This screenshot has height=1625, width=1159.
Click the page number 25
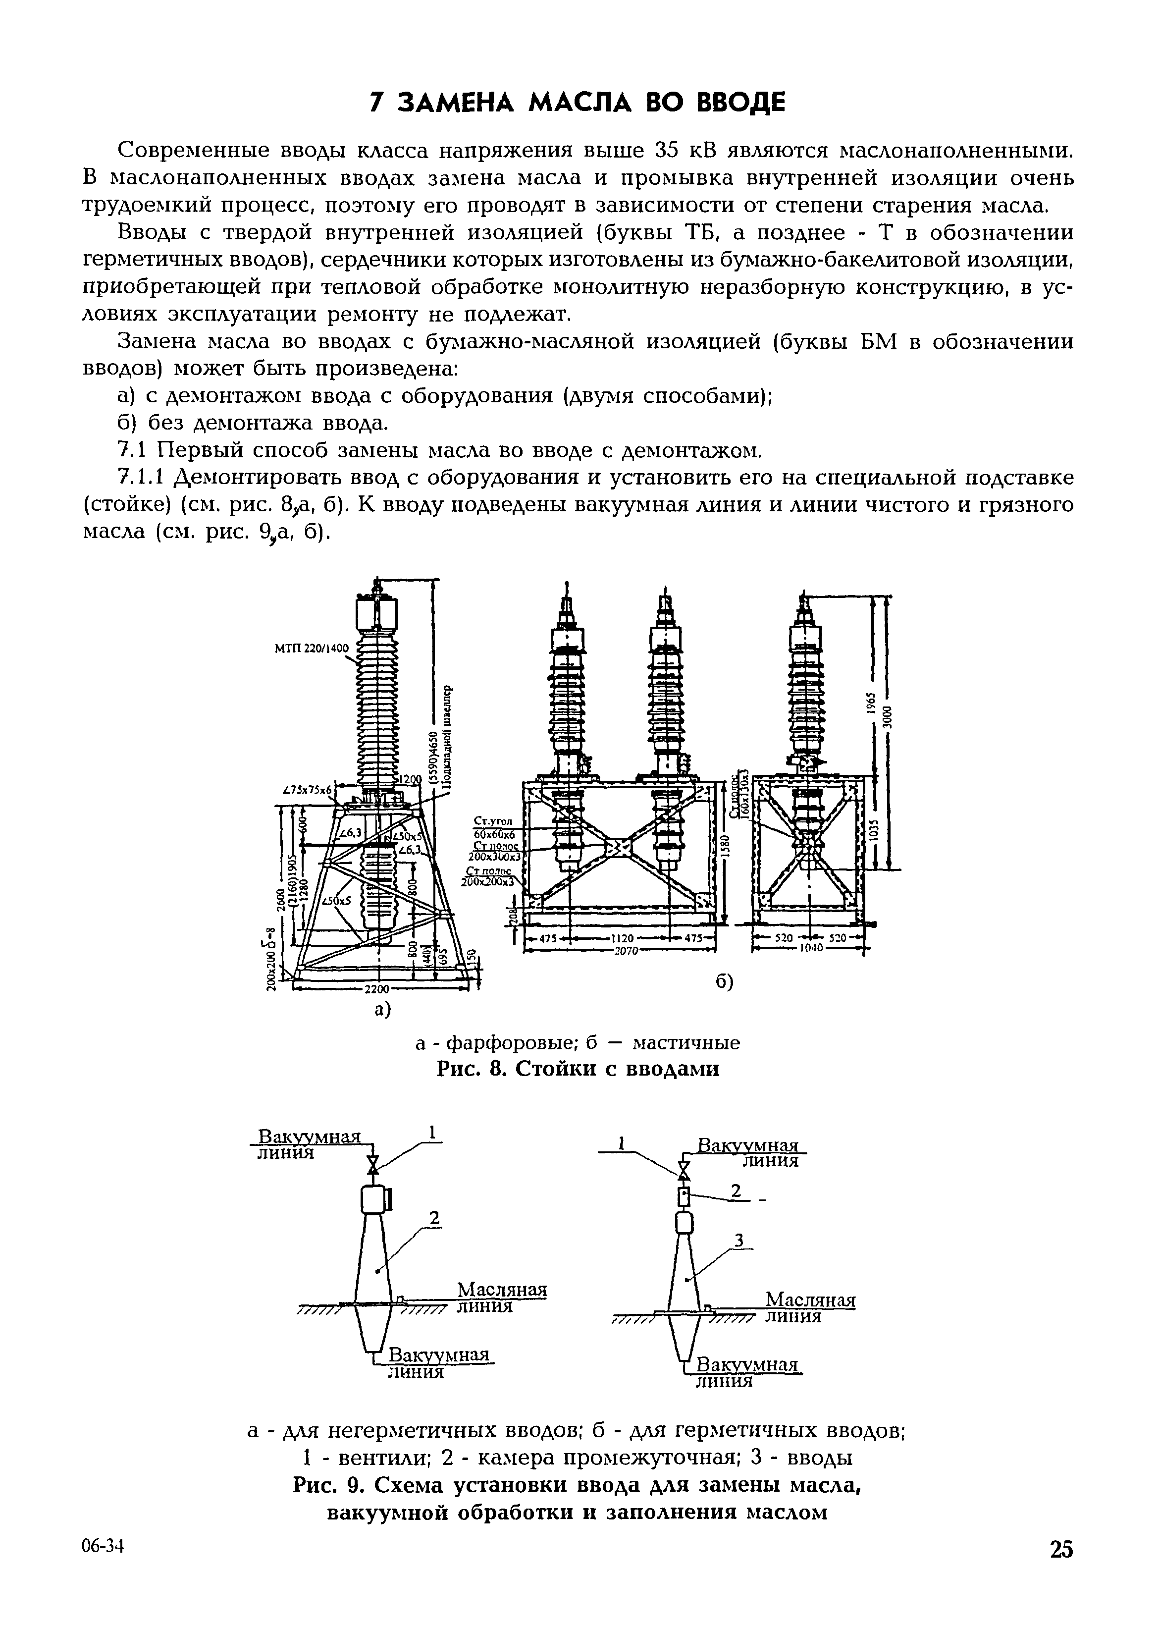pyautogui.click(x=1060, y=1549)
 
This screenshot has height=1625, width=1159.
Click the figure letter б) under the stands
pyautogui.click(x=724, y=983)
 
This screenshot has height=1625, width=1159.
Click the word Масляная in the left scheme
pyautogui.click(x=501, y=1290)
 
